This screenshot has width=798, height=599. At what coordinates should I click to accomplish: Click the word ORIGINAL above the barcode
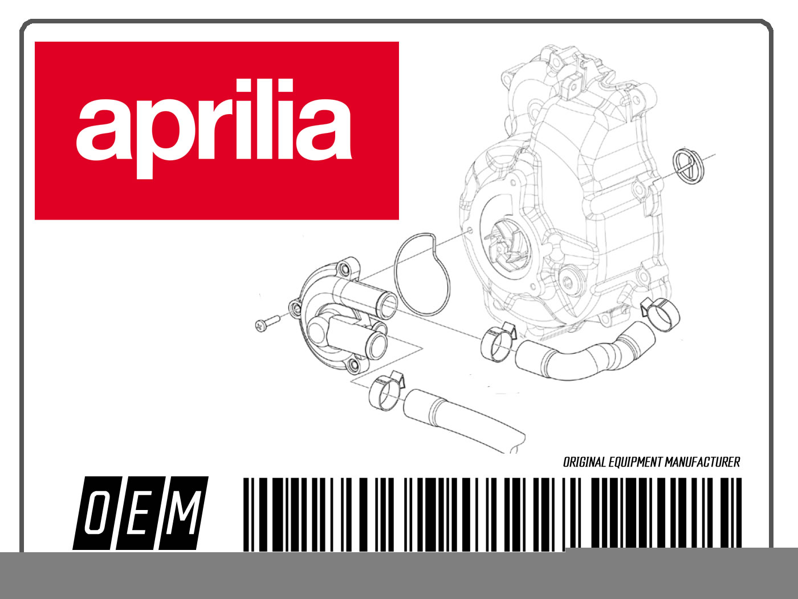click(584, 462)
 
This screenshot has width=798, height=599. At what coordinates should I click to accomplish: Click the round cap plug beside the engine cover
click(688, 166)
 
